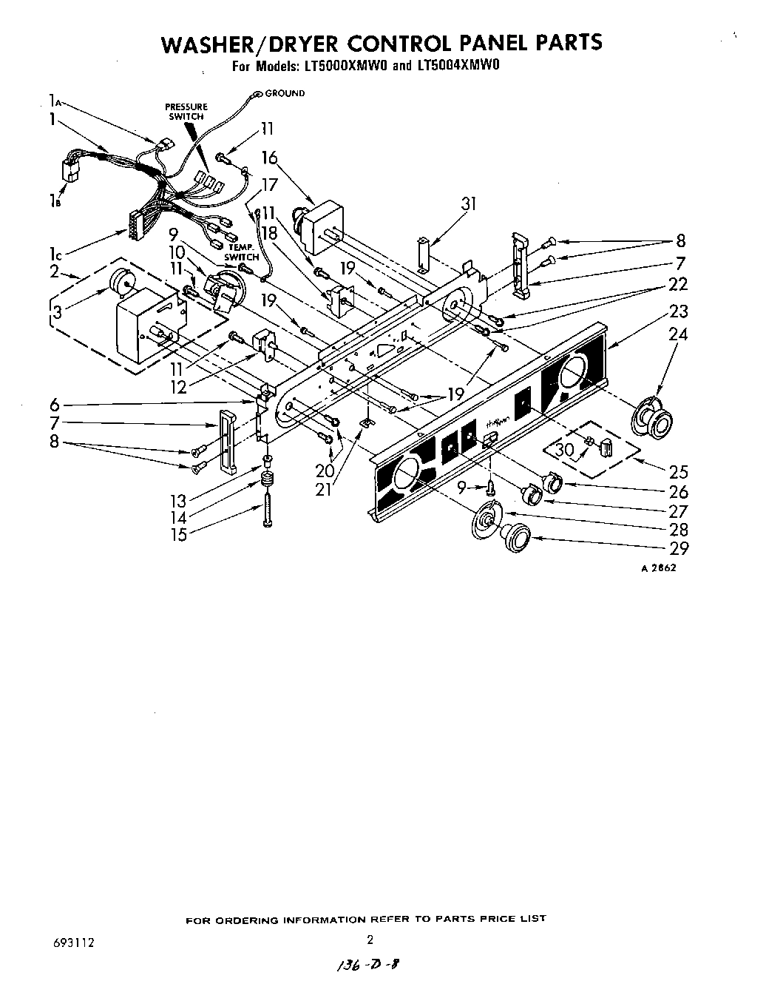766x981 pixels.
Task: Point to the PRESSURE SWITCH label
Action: [x=186, y=112]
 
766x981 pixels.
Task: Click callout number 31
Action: [x=468, y=205]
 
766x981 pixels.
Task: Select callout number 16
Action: [x=269, y=158]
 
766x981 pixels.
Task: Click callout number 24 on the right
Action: [x=677, y=335]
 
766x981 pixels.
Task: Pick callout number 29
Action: [x=678, y=548]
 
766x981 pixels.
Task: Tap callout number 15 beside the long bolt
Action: [x=178, y=534]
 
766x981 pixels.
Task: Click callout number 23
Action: [x=679, y=311]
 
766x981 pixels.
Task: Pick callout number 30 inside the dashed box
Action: [x=564, y=449]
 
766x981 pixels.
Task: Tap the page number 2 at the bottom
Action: [x=370, y=940]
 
